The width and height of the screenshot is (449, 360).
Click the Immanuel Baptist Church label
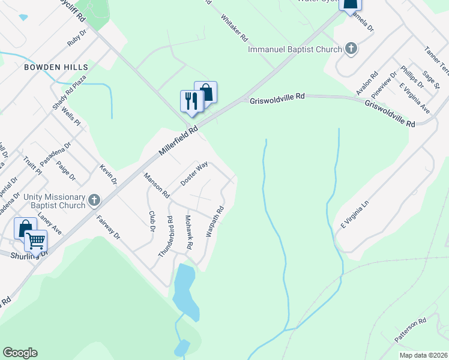[294, 49]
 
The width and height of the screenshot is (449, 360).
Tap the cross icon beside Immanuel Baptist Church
[351, 49]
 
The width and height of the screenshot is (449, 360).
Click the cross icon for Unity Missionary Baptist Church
[94, 200]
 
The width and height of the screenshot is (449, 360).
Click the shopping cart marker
[35, 240]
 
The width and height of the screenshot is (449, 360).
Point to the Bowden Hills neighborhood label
[56, 67]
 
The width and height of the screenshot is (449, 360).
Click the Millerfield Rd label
[178, 142]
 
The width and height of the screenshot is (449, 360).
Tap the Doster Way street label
[194, 173]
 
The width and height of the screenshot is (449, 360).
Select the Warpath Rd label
[215, 221]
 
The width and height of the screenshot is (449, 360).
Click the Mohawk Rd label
[190, 232]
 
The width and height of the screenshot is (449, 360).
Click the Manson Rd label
[156, 185]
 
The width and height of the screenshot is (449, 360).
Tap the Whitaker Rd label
[234, 28]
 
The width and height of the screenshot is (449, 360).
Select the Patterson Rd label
[411, 331]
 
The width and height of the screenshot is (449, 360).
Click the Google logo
[20, 353]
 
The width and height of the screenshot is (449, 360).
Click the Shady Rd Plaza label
[70, 92]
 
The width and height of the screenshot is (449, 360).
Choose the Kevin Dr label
[109, 174]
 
